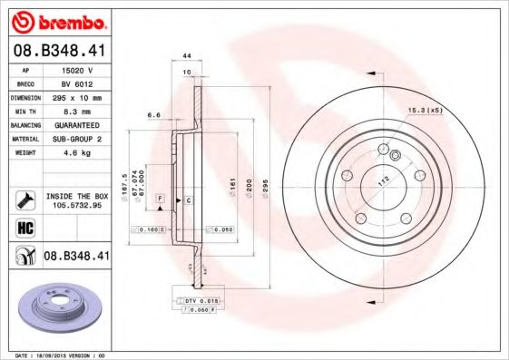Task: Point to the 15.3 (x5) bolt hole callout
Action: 424,111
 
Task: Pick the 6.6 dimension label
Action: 153,115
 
